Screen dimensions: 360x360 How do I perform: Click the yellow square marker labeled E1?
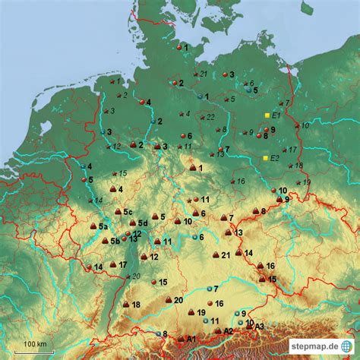pyautogui.click(x=267, y=115)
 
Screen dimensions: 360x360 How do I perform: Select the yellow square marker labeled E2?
pyautogui.click(x=265, y=158)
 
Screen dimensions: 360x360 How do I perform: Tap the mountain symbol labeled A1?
pyautogui.click(x=180, y=339)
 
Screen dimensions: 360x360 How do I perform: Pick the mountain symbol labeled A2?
pyautogui.click(x=218, y=331)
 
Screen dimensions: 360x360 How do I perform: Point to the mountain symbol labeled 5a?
pyautogui.click(x=93, y=226)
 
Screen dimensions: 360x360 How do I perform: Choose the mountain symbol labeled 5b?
pyautogui.click(x=105, y=242)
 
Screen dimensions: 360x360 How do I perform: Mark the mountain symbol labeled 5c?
pyautogui.click(x=118, y=212)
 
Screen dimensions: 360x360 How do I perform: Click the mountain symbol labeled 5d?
pyautogui.click(x=132, y=223)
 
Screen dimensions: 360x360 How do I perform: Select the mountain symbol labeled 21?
pyautogui.click(x=216, y=255)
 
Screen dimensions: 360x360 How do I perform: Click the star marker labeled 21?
pyautogui.click(x=194, y=74)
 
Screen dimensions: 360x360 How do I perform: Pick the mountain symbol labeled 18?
pyautogui.click(x=126, y=304)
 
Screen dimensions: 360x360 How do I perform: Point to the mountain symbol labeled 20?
pyautogui.click(x=168, y=300)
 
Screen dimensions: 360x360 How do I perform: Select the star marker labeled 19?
pyautogui.click(x=297, y=183)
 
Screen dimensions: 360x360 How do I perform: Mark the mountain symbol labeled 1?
pyautogui.click(x=192, y=168)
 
